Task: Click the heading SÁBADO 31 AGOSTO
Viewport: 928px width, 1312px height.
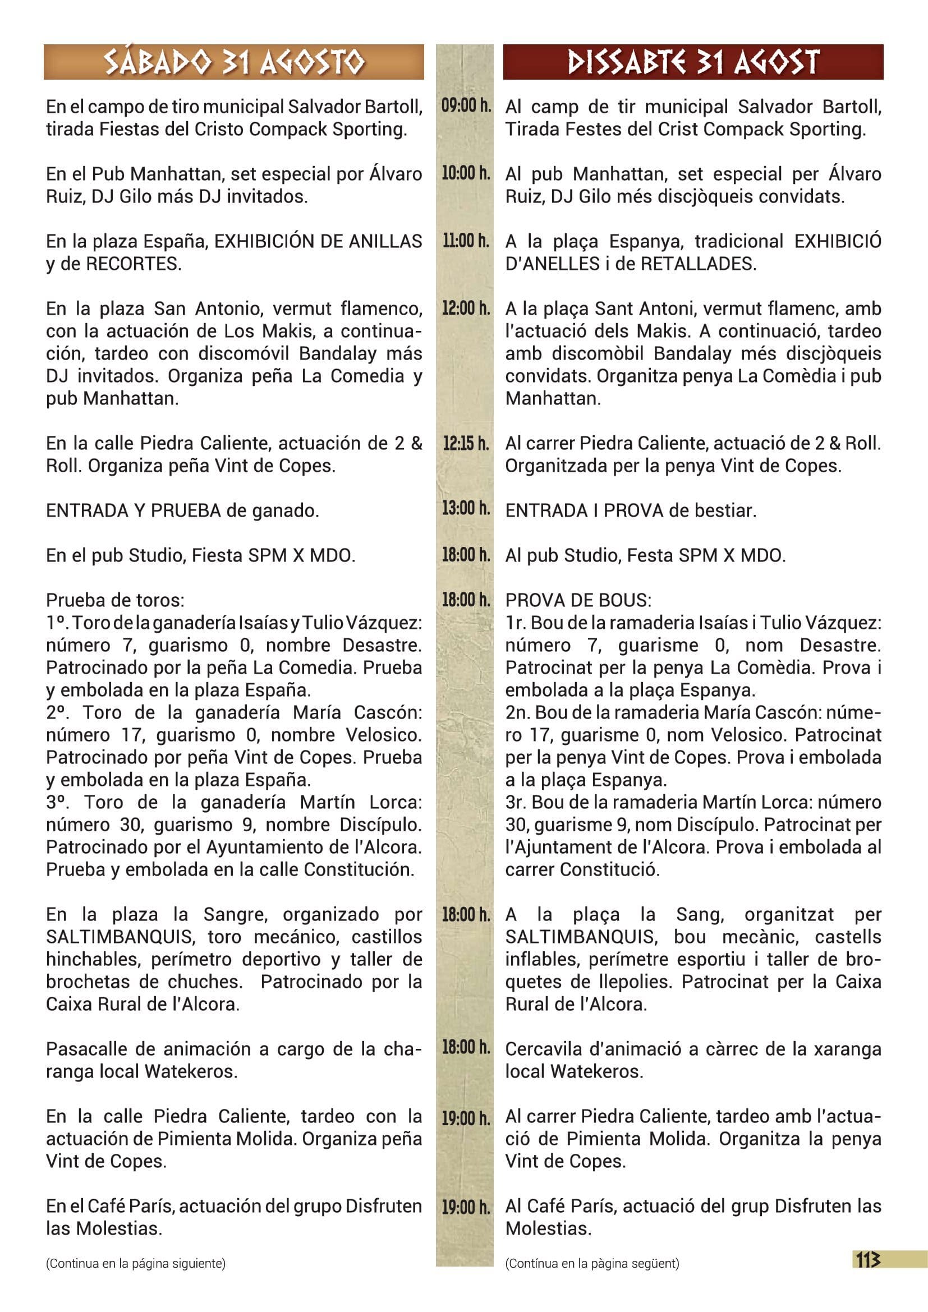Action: tap(234, 62)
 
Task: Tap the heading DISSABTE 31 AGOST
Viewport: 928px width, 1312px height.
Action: tap(692, 62)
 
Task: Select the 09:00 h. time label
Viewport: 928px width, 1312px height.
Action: tap(466, 105)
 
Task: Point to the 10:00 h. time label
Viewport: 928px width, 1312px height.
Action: tap(466, 173)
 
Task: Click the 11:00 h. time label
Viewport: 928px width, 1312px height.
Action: tap(466, 241)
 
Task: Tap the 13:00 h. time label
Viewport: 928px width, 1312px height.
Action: tap(466, 508)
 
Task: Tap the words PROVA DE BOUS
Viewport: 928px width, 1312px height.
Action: tap(578, 601)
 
